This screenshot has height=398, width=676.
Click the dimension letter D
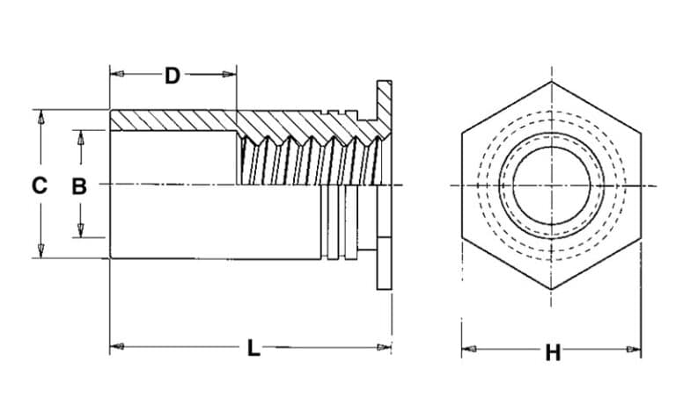(x=173, y=76)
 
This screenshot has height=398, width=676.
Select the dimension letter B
(x=79, y=185)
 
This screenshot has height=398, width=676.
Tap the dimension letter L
(x=253, y=349)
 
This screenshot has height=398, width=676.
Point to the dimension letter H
(x=553, y=353)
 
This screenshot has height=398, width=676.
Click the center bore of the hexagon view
(x=552, y=185)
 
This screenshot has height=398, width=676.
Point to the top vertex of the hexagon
(x=552, y=83)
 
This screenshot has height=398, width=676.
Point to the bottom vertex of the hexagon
(x=552, y=288)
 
